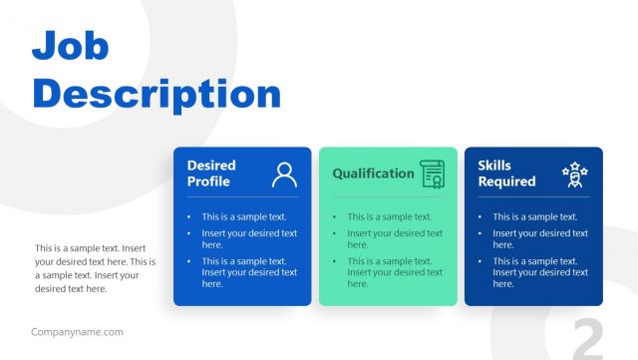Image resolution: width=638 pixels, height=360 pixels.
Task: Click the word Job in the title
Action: tap(71, 45)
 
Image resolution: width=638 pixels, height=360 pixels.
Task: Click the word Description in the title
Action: tap(157, 94)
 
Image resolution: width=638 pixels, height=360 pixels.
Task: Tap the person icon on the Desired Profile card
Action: tap(284, 175)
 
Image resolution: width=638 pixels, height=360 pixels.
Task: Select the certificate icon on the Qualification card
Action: tap(432, 174)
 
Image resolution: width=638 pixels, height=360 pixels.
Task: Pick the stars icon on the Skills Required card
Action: tap(574, 175)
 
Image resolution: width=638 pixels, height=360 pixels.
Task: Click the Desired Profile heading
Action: tap(211, 174)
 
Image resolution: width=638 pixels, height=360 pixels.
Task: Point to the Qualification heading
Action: tap(373, 174)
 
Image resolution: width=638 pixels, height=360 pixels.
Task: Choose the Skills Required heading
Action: tap(506, 174)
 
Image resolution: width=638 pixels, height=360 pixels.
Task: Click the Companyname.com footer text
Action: tap(77, 332)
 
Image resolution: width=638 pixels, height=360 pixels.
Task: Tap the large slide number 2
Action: tap(588, 339)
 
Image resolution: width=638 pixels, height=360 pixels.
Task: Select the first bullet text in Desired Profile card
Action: tap(244, 216)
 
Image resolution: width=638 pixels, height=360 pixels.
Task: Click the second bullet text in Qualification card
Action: tap(395, 239)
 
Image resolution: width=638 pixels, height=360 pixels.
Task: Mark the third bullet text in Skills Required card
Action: tap(540, 272)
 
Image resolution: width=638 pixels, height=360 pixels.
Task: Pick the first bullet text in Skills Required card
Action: tap(535, 216)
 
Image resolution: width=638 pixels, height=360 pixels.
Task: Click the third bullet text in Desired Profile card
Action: tap(249, 272)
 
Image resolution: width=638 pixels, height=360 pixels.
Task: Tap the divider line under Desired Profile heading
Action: tap(242, 196)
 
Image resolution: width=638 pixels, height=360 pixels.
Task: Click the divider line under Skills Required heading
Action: tap(533, 196)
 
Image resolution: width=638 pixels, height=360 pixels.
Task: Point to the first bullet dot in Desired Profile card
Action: tap(188, 216)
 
